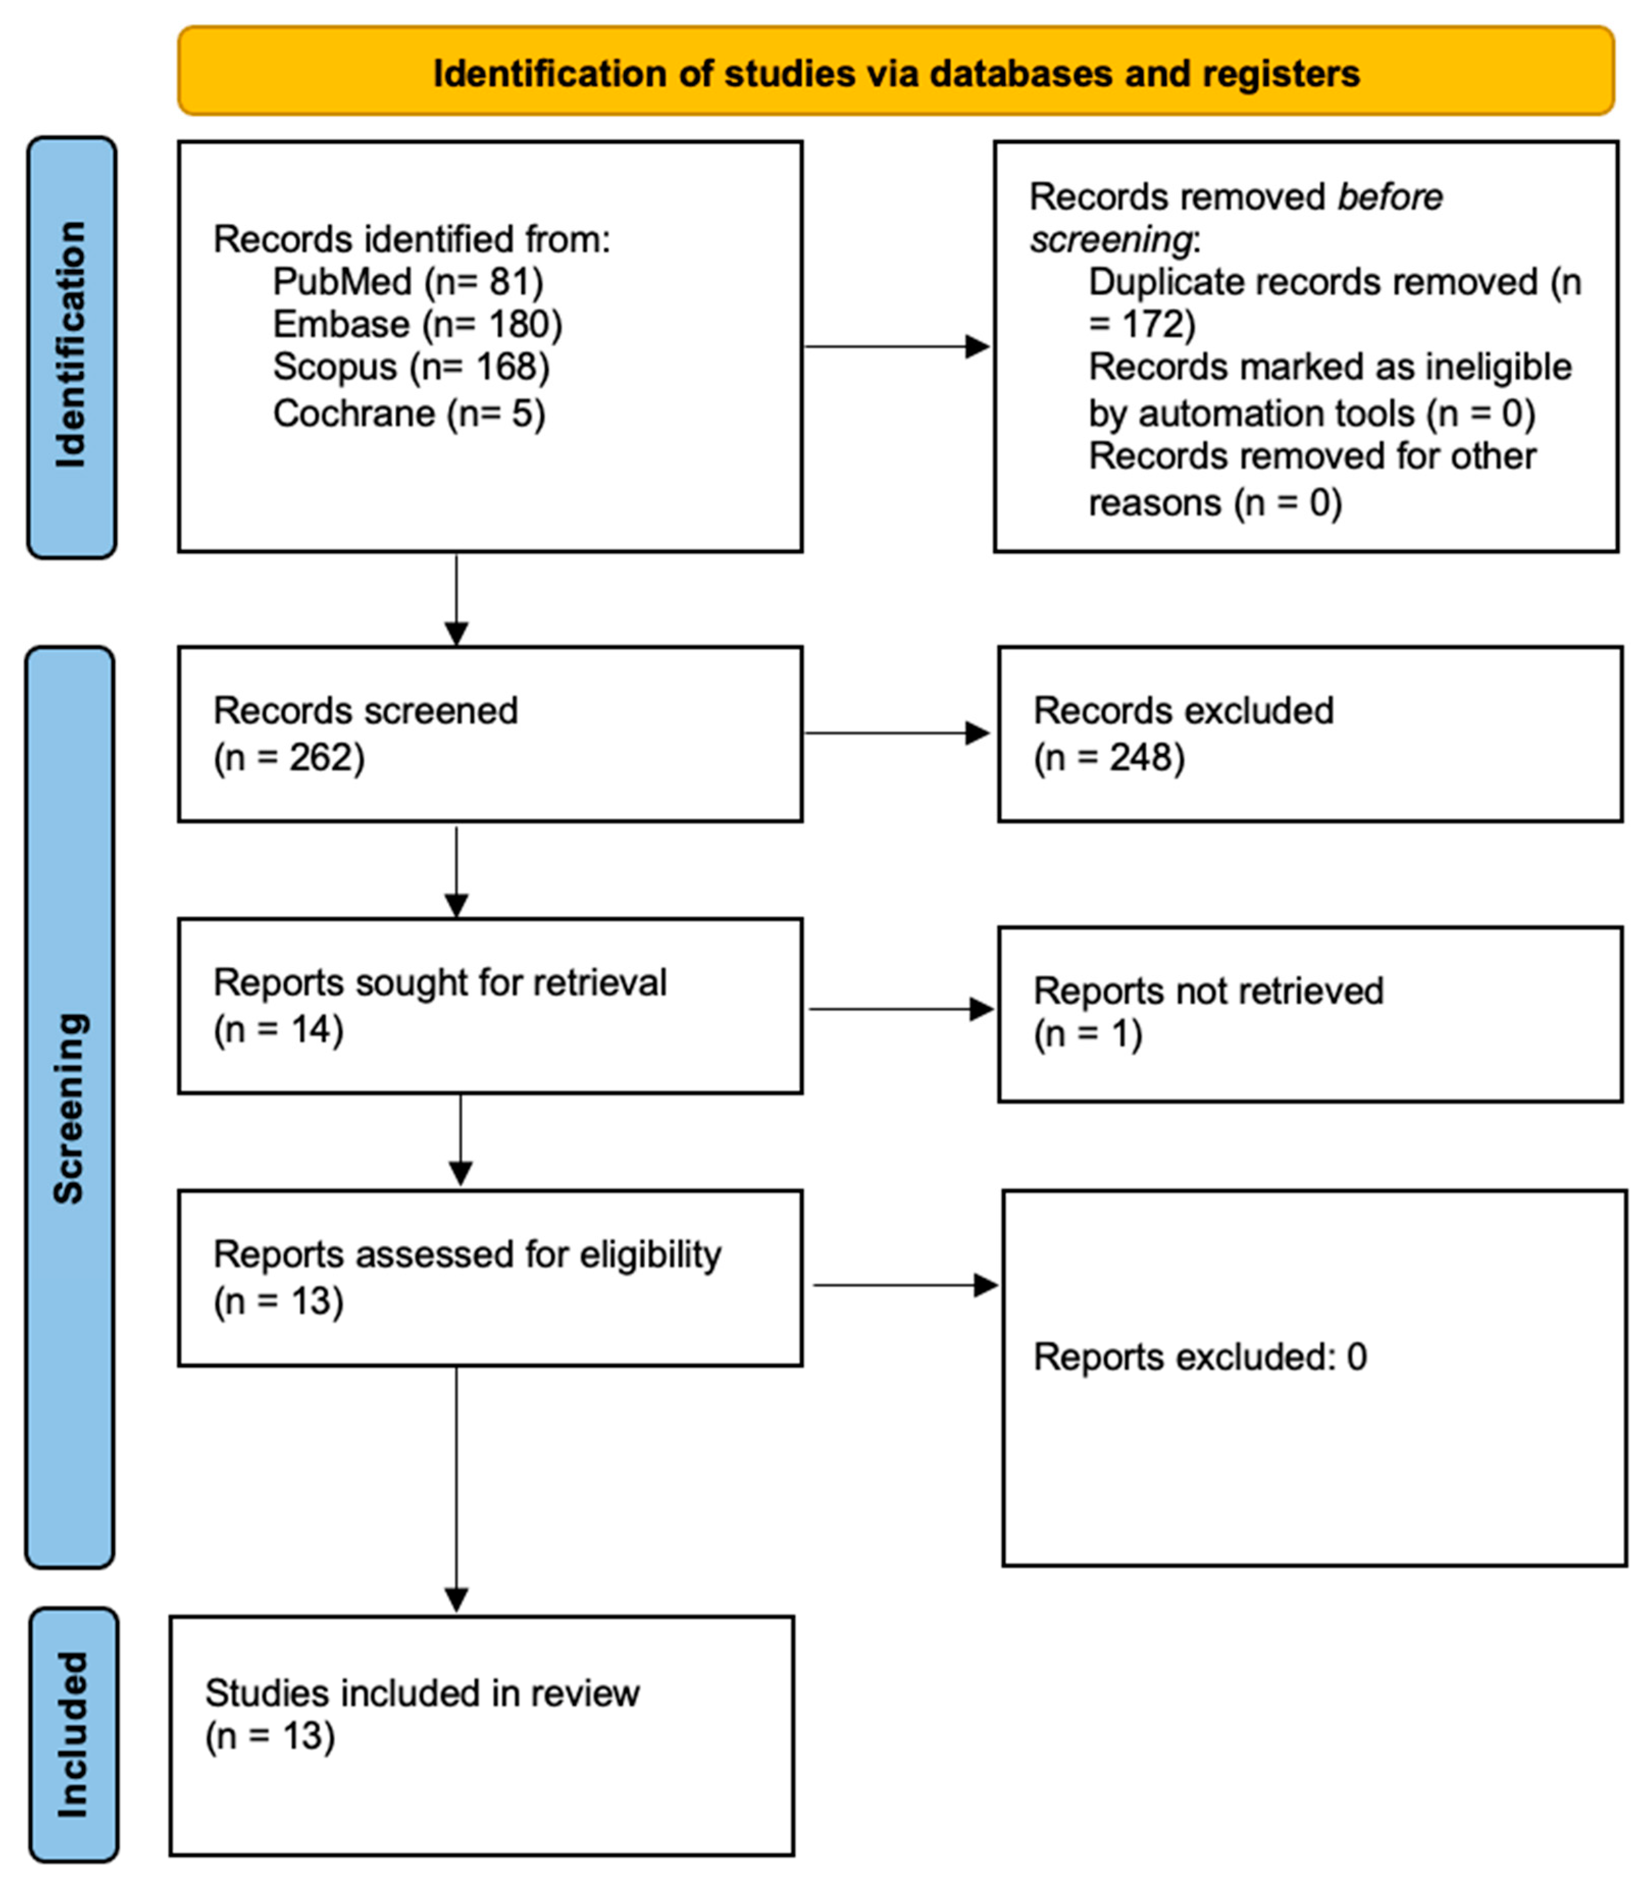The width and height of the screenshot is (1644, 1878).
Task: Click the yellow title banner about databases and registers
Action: point(895,72)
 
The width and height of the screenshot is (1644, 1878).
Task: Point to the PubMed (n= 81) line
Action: point(407,282)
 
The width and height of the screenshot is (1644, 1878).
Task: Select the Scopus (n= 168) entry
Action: point(411,367)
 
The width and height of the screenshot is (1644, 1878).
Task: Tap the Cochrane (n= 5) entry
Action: point(409,414)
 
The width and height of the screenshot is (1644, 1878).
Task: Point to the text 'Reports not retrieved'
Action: point(1208,991)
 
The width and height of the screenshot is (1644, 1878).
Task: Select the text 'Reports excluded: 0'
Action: point(1199,1357)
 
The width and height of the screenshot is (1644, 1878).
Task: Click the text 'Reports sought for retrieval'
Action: point(440,982)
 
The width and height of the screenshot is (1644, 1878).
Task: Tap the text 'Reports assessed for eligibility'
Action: point(467,1254)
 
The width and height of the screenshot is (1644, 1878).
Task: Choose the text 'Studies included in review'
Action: point(422,1693)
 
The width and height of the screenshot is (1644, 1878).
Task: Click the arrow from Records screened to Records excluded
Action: point(896,733)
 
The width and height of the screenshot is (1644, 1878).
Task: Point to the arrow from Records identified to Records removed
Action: point(896,347)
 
